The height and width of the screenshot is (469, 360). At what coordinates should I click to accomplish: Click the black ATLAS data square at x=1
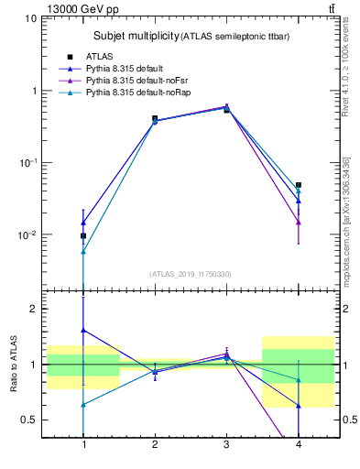tap(83, 236)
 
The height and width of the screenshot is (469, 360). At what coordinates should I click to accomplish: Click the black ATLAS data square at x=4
tap(298, 185)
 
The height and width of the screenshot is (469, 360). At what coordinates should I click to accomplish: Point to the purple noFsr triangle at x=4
tap(298, 222)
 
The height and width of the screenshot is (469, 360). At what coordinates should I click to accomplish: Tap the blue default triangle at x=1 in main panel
tap(83, 223)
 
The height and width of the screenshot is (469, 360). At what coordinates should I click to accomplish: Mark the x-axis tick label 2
tap(155, 446)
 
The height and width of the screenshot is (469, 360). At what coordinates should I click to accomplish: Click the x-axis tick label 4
tap(298, 446)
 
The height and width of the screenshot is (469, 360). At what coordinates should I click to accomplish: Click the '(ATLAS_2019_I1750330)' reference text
tap(191, 274)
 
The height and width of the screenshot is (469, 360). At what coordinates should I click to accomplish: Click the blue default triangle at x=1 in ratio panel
tap(83, 330)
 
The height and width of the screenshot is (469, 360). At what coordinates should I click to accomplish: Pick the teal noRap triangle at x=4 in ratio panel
tap(298, 379)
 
